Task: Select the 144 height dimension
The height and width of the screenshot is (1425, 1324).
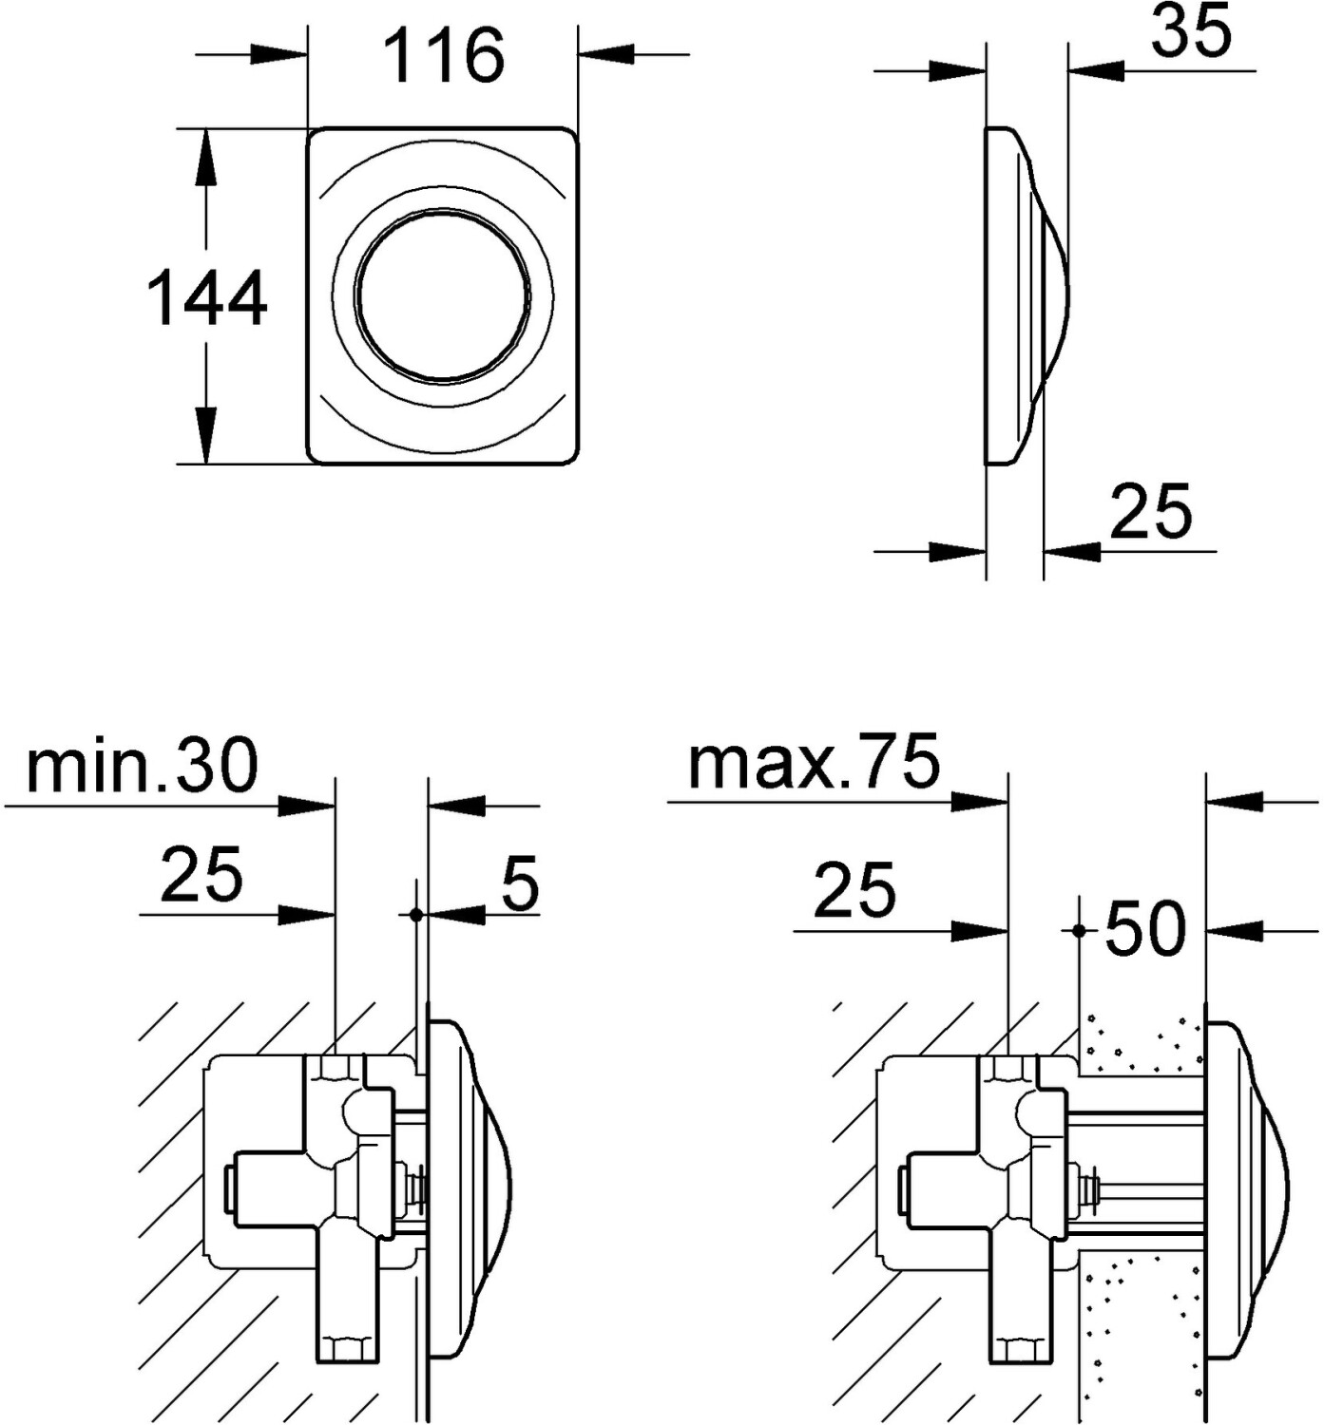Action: point(207,297)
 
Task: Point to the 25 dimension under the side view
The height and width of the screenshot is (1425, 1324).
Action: point(1151,512)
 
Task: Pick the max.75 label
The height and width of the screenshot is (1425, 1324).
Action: point(815,760)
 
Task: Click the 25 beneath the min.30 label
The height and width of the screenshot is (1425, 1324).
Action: point(201,875)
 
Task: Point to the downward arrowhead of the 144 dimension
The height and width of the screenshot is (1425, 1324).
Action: point(206,435)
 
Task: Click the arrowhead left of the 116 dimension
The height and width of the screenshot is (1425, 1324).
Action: point(278,54)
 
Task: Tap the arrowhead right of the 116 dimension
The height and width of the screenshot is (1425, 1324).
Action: point(606,54)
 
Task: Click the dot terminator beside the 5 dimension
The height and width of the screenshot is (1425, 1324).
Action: point(415,915)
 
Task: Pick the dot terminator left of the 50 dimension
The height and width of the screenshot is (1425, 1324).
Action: point(1079,931)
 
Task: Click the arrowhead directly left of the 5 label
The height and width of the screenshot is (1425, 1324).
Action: point(455,915)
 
